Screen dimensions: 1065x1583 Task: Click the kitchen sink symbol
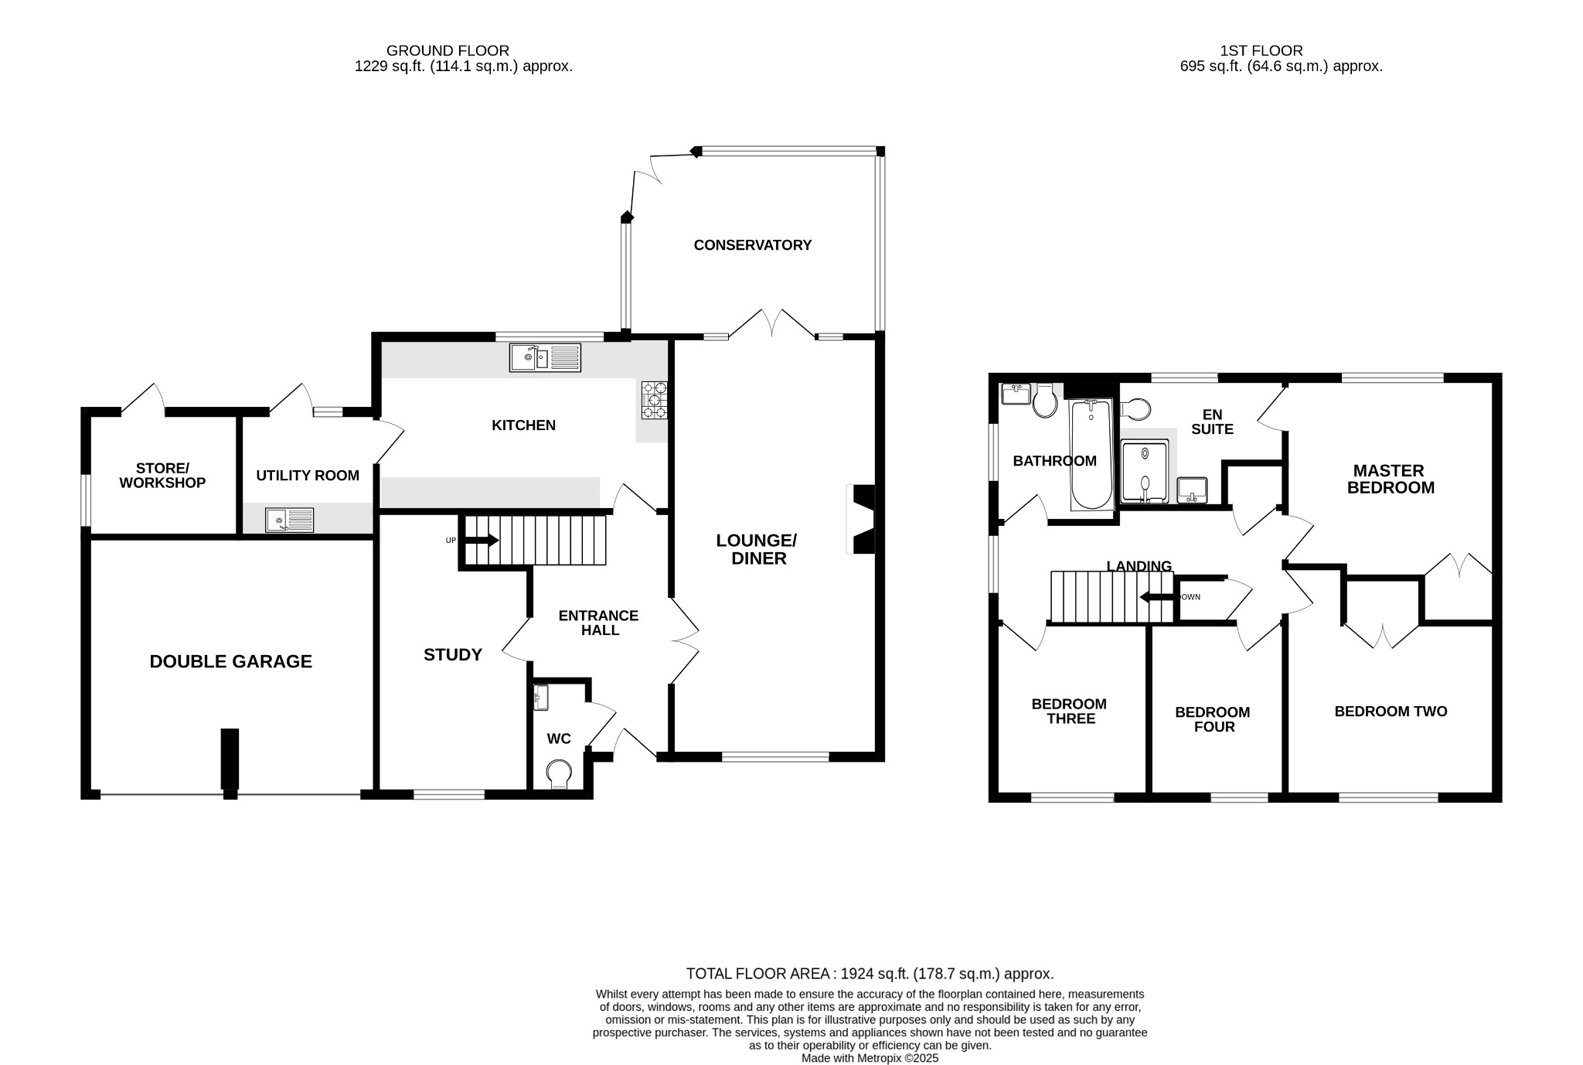[x=545, y=357]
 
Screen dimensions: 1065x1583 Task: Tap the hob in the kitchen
[x=653, y=401]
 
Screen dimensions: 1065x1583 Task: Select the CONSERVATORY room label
[x=752, y=245]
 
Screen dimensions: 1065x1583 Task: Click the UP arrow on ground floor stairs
[x=483, y=540]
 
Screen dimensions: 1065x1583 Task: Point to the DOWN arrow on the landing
[x=1157, y=597]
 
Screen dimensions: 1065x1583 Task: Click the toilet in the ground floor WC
[x=558, y=773]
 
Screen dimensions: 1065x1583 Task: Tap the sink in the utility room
[x=290, y=521]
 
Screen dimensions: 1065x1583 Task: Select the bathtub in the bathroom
[x=1091, y=455]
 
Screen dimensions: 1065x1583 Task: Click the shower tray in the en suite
[x=1145, y=472]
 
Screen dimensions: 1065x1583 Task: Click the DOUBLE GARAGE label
[x=230, y=661]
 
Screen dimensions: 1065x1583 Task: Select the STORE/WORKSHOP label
[x=162, y=476]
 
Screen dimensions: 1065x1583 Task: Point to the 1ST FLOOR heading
[x=1261, y=51]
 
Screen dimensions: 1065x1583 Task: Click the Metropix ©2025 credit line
[x=870, y=1058]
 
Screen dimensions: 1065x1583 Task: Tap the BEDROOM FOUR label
[x=1212, y=719]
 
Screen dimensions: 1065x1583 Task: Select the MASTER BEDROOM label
[x=1390, y=480]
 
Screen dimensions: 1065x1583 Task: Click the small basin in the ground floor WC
[x=540, y=697]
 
